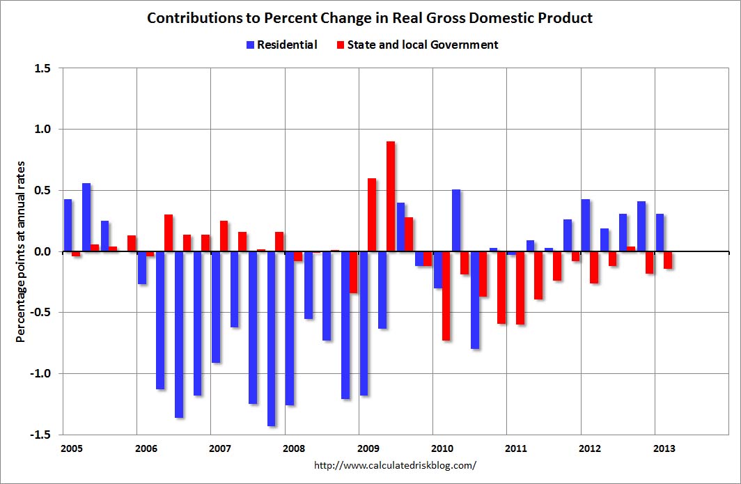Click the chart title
pos(370,18)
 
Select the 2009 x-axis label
pos(368,448)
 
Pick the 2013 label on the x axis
pos(664,448)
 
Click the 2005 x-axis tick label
pos(72,448)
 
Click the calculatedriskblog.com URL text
pos(396,465)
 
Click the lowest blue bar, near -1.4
pos(272,338)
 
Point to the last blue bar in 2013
pos(660,233)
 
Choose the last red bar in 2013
pos(668,260)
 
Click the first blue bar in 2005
pos(68,225)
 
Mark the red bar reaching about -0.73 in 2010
pos(446,296)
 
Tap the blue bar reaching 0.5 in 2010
pos(456,220)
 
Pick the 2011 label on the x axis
pos(516,448)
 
